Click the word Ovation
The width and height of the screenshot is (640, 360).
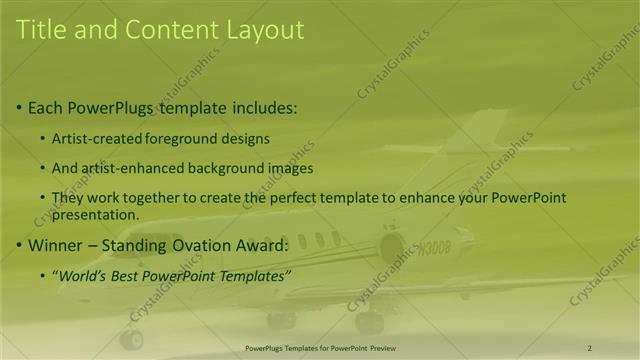click(207, 244)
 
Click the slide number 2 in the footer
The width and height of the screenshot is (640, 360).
click(590, 347)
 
